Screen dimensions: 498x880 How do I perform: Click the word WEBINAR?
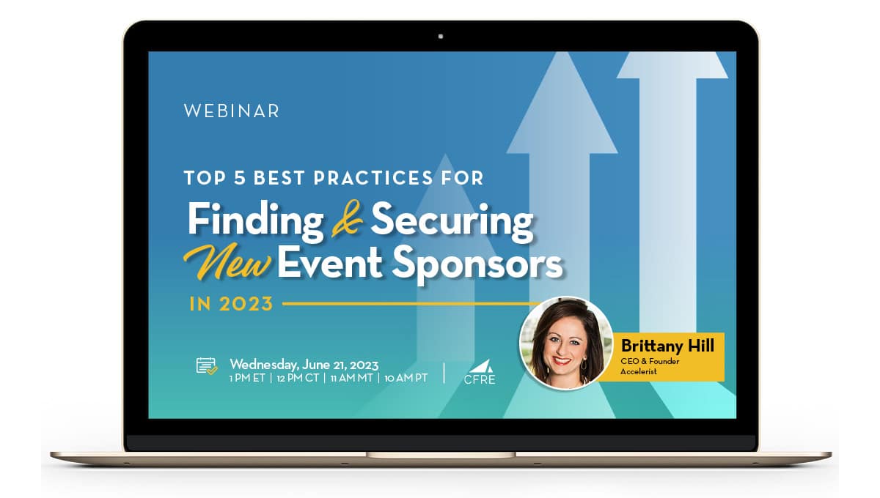pyautogui.click(x=231, y=111)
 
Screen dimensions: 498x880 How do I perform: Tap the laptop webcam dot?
pyautogui.click(x=441, y=36)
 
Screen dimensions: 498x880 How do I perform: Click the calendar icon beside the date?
pyautogui.click(x=206, y=365)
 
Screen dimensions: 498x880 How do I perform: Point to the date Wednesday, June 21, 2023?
pyautogui.click(x=304, y=363)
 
